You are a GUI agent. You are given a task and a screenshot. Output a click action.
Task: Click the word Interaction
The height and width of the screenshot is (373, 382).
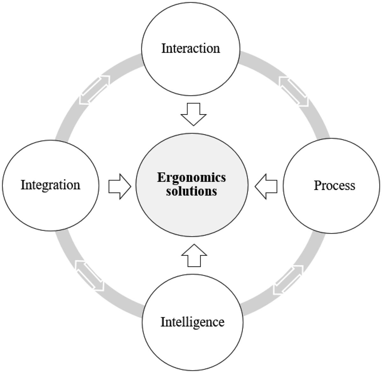pyautogui.click(x=190, y=48)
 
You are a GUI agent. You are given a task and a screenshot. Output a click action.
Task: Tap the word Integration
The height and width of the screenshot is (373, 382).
pyautogui.click(x=50, y=185)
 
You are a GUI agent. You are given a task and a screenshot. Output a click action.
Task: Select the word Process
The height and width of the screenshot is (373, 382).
pyautogui.click(x=334, y=185)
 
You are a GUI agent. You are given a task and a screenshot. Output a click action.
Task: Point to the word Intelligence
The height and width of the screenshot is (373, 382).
pyautogui.click(x=192, y=322)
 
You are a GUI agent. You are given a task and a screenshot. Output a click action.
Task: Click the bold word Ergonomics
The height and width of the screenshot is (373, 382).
pyautogui.click(x=192, y=177)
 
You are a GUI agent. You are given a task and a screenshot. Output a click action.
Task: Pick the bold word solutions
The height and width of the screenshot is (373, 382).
pyautogui.click(x=192, y=192)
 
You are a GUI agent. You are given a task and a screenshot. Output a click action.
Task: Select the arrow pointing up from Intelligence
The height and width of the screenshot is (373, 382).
pyautogui.click(x=194, y=256)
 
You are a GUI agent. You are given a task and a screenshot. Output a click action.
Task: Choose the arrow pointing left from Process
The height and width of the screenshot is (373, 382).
pyautogui.click(x=266, y=187)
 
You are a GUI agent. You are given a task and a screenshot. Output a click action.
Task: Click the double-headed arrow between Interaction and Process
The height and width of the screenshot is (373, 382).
pyautogui.click(x=294, y=91)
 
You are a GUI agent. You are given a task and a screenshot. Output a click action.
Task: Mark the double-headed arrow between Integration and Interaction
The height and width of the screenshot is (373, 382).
pyautogui.click(x=95, y=90)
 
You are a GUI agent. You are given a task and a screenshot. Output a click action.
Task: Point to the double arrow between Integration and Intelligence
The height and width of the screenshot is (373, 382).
pyautogui.click(x=90, y=276)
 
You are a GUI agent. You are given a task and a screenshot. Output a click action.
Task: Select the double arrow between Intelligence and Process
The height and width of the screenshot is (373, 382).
pyautogui.click(x=288, y=280)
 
